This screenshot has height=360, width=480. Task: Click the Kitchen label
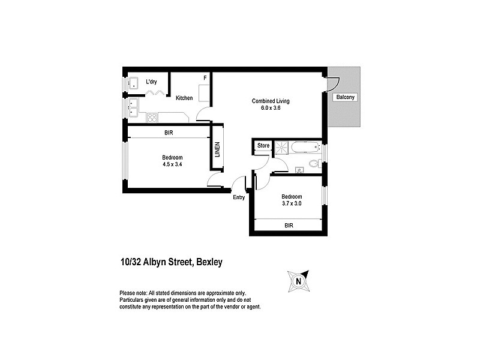pos(184,98)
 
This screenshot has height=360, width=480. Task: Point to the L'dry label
pos(152,82)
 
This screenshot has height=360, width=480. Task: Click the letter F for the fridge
pos(205,78)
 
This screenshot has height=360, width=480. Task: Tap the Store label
pos(263,145)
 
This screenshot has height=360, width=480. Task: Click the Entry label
pos(239,197)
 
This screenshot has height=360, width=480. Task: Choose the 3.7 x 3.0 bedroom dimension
pos(292,203)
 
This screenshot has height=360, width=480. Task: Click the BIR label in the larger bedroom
pos(169,133)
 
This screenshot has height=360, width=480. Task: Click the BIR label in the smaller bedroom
pos(290,226)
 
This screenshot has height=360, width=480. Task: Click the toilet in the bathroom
pos(313,164)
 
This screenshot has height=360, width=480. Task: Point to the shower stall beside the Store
pos(281,148)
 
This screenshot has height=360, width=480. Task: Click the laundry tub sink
pos(134,83)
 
